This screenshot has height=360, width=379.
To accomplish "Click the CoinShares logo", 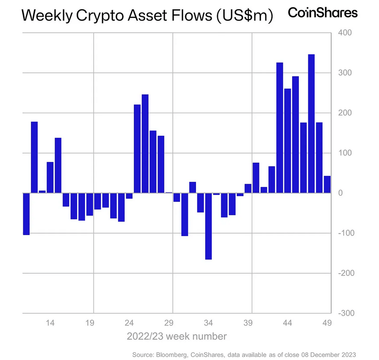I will coord(323,13).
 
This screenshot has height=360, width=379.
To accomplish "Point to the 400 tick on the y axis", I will coord(345,33).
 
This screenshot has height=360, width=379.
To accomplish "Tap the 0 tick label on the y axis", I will coord(341,193).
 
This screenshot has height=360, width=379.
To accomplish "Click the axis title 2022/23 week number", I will coord(176,336).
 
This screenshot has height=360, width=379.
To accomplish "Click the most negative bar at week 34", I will coord(209,226).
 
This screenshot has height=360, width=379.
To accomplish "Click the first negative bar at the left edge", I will coord(26,214).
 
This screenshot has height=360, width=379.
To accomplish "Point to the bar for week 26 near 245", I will coord(145,143).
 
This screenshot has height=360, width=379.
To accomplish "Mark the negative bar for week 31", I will coord(185,214).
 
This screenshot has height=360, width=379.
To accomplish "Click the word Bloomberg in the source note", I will coord(171,354).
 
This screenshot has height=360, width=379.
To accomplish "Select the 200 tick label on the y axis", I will coord(344,113).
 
